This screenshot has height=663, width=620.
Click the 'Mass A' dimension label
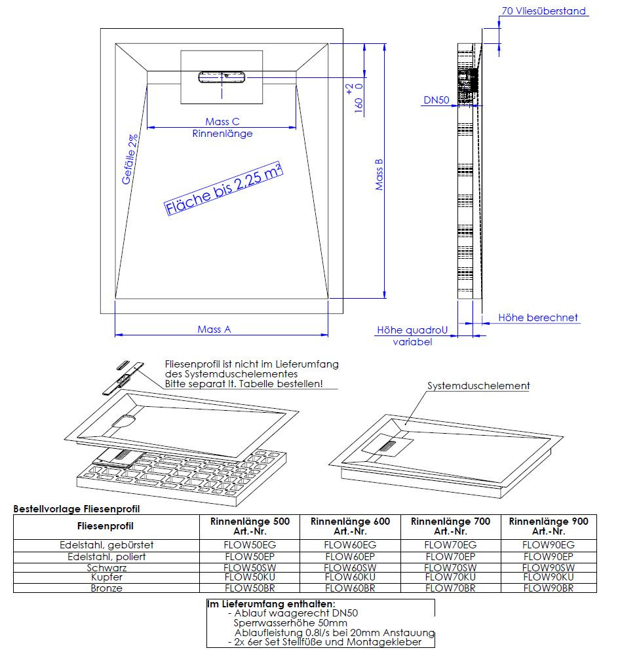point(214,330)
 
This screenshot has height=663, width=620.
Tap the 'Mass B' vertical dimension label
point(379,175)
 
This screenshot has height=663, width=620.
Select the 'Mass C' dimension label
point(222,121)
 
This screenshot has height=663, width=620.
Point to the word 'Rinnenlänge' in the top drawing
point(222,134)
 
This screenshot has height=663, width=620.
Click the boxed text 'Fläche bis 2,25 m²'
point(223,189)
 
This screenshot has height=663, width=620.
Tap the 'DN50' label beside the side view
point(436,100)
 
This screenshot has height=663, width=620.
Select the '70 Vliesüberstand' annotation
point(543,11)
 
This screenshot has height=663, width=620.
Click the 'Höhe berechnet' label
point(538,318)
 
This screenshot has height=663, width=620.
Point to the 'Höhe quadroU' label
point(412,331)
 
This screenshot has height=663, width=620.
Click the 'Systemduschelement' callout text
point(478,386)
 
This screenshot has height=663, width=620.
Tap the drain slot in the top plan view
point(222,77)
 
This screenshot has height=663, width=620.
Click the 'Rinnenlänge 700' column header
point(450,526)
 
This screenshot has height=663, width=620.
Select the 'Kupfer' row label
point(106,577)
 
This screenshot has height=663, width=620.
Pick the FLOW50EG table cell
point(250,544)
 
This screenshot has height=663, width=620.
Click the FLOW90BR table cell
point(548,588)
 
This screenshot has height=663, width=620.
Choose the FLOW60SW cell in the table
point(350,567)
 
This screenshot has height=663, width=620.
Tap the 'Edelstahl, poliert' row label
point(106,556)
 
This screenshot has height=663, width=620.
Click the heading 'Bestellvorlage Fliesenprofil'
point(77,508)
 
